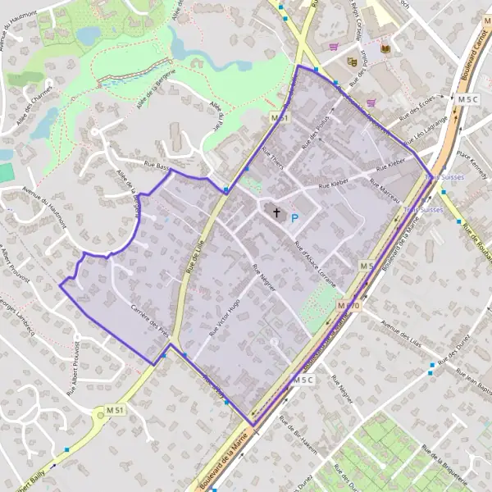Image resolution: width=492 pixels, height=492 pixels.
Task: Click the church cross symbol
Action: [276, 215]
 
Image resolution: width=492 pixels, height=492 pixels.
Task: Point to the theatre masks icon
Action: [353, 61]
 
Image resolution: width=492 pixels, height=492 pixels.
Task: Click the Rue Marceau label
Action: [387, 194]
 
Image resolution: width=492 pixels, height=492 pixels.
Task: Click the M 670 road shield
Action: [348, 305]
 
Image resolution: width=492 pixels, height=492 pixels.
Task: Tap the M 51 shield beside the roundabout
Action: [115, 410]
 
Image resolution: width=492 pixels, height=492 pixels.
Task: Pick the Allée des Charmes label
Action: [37, 110]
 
